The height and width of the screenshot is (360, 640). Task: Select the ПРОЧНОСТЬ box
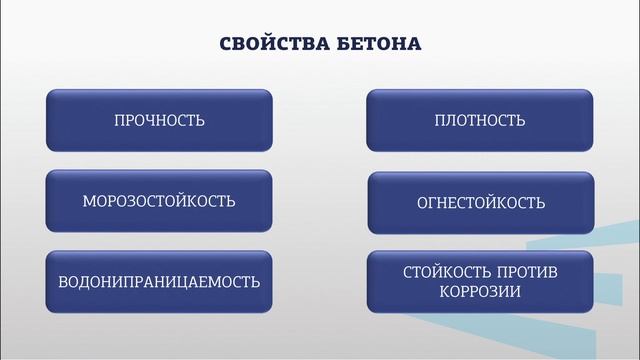coord(159,120)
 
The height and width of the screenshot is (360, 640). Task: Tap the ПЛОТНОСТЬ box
coord(480,120)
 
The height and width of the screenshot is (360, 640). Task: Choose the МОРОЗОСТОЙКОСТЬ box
coord(159,201)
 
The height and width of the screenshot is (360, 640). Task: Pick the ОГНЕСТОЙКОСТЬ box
coord(480,202)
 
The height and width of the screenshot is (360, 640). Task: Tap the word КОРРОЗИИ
coord(480,292)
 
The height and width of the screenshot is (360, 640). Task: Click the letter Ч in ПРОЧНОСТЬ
coord(152,121)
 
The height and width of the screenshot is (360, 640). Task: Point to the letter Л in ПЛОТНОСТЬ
coord(449,121)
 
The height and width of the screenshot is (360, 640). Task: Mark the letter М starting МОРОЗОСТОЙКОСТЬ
coord(89,201)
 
